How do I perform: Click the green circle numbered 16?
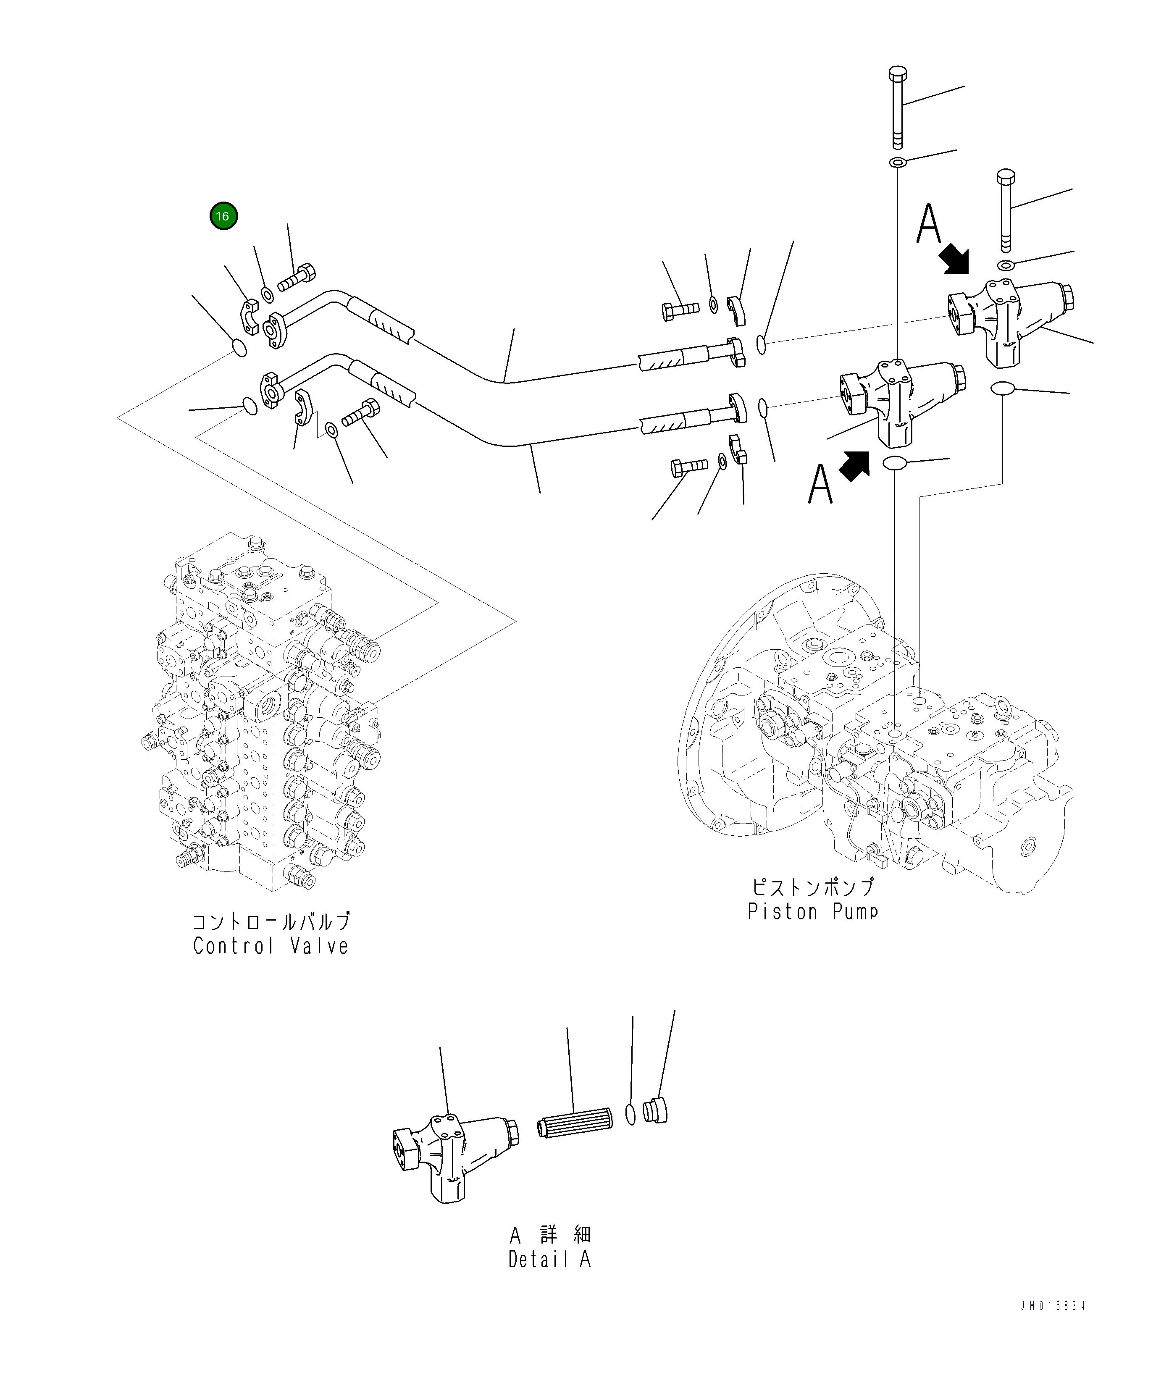point(223,216)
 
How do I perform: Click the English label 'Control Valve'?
point(271,945)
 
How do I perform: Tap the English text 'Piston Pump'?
point(812,911)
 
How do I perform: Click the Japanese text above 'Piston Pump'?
point(812,887)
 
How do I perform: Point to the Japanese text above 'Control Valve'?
point(271,921)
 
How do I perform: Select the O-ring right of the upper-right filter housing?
point(1002,388)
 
